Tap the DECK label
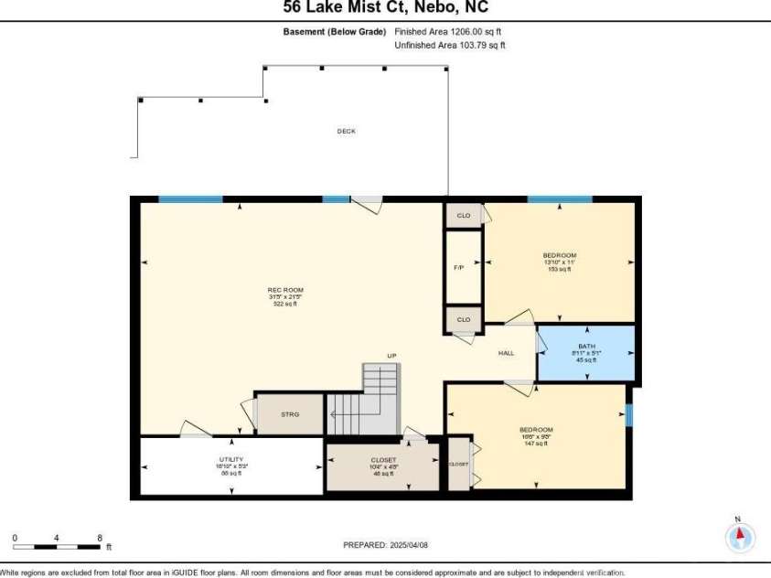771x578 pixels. (x=346, y=131)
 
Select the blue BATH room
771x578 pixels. (x=585, y=352)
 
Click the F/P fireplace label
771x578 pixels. (x=458, y=268)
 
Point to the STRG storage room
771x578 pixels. (x=289, y=414)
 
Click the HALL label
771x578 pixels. (x=506, y=353)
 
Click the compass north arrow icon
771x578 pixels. (x=740, y=536)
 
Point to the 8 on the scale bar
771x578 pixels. (x=100, y=538)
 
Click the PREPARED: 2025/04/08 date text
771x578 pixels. (x=385, y=545)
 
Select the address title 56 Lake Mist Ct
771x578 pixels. (x=385, y=7)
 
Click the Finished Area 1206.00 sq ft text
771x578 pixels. (x=448, y=32)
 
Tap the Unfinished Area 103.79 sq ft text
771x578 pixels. (x=449, y=45)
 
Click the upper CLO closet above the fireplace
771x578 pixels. (x=464, y=215)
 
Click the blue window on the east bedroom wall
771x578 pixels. (x=628, y=415)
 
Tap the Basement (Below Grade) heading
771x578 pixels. (x=335, y=32)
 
